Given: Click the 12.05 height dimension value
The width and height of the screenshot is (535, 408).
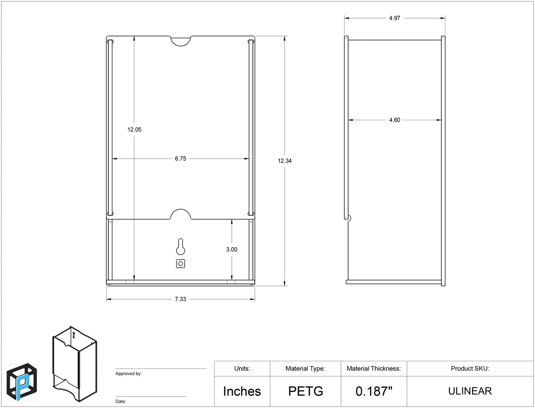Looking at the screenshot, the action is coord(134,130).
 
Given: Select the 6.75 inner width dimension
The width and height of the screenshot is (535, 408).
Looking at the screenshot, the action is coord(181,159).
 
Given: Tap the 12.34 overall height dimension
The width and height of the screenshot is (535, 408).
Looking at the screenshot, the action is coord(285,161).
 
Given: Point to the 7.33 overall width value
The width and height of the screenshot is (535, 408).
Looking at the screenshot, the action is coord(181,299).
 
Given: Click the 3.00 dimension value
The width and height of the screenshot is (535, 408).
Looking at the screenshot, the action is coord(231,249).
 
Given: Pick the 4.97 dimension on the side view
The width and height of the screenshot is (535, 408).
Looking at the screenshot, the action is coord(395,18).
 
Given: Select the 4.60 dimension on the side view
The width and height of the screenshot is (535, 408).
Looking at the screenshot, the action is coord(395,120).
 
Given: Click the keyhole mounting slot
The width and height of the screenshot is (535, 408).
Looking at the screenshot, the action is coord(181,246).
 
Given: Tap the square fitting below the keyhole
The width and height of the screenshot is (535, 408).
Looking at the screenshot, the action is coord(181,263).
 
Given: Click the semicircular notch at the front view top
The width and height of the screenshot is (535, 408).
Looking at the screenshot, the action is coord(181,41).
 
